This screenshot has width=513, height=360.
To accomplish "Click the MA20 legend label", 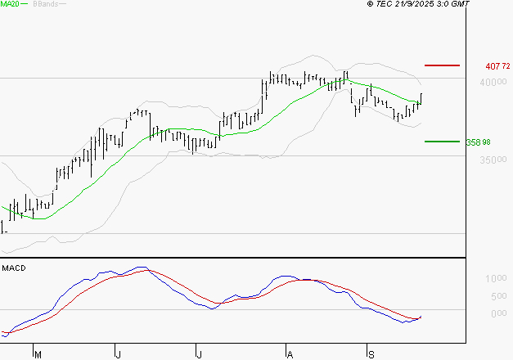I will coord(11,5).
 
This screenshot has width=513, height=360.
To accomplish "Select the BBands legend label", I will coord(45,5).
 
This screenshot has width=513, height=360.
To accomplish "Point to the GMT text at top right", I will coord(461,5).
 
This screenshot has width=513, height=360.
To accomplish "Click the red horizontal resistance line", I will coord(443,65).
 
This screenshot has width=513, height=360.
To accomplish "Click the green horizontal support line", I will coord(443,141).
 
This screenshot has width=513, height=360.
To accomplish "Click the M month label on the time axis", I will coord(36,354).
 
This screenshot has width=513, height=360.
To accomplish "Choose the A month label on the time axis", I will coord(289,354).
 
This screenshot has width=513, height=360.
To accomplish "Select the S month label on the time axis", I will coord(369,354).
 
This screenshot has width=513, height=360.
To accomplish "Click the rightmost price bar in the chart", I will coord(421,98).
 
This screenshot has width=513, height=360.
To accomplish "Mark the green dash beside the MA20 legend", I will coord(27,5).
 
